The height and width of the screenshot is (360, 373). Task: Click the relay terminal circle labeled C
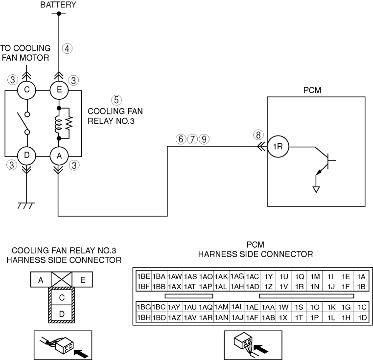[26, 90]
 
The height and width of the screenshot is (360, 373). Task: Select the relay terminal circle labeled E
[59, 90]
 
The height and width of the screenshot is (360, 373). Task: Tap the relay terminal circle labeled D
[26, 156]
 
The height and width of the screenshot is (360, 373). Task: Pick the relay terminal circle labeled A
[59, 156]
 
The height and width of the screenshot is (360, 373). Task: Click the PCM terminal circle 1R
[278, 146]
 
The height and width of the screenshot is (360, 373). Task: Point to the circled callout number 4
[67, 48]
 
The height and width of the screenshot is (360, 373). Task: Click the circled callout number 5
[117, 100]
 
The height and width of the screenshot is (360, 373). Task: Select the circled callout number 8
[258, 135]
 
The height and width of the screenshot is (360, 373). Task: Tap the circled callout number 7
[192, 139]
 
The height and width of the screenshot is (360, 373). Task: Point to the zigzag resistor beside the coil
[69, 123]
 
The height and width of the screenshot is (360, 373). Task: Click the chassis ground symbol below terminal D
[26, 206]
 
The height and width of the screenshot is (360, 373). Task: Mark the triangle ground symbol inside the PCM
[316, 189]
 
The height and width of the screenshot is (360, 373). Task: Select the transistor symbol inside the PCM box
[326, 162]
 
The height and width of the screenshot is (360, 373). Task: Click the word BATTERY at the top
[58, 5]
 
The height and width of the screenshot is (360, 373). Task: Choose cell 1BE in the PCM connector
[143, 276]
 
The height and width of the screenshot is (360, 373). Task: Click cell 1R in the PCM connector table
[299, 287]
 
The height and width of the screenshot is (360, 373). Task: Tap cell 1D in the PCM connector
[362, 317]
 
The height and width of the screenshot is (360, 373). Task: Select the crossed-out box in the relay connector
[61, 279]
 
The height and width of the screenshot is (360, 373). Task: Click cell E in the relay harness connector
[82, 280]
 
